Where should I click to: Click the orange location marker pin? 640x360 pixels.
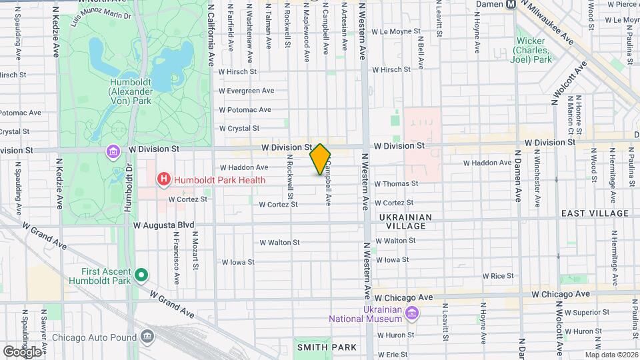point(320,159)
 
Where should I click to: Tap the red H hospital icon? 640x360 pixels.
point(163,179)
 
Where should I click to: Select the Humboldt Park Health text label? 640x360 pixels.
point(219,180)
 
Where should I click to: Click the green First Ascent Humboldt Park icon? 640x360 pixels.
point(141,275)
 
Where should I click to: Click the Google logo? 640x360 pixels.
point(21,351)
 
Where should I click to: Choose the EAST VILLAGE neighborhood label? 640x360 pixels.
point(595,213)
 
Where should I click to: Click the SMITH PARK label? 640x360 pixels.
point(327,347)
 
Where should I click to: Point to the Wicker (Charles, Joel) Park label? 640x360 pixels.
point(533,50)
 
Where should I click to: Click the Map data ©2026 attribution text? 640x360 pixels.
point(611,355)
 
